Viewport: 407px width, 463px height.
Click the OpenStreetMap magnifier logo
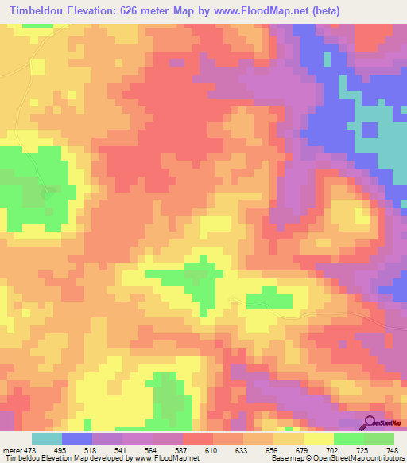[x=370, y=422]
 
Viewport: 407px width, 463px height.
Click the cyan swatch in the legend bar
[x=47, y=438]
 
